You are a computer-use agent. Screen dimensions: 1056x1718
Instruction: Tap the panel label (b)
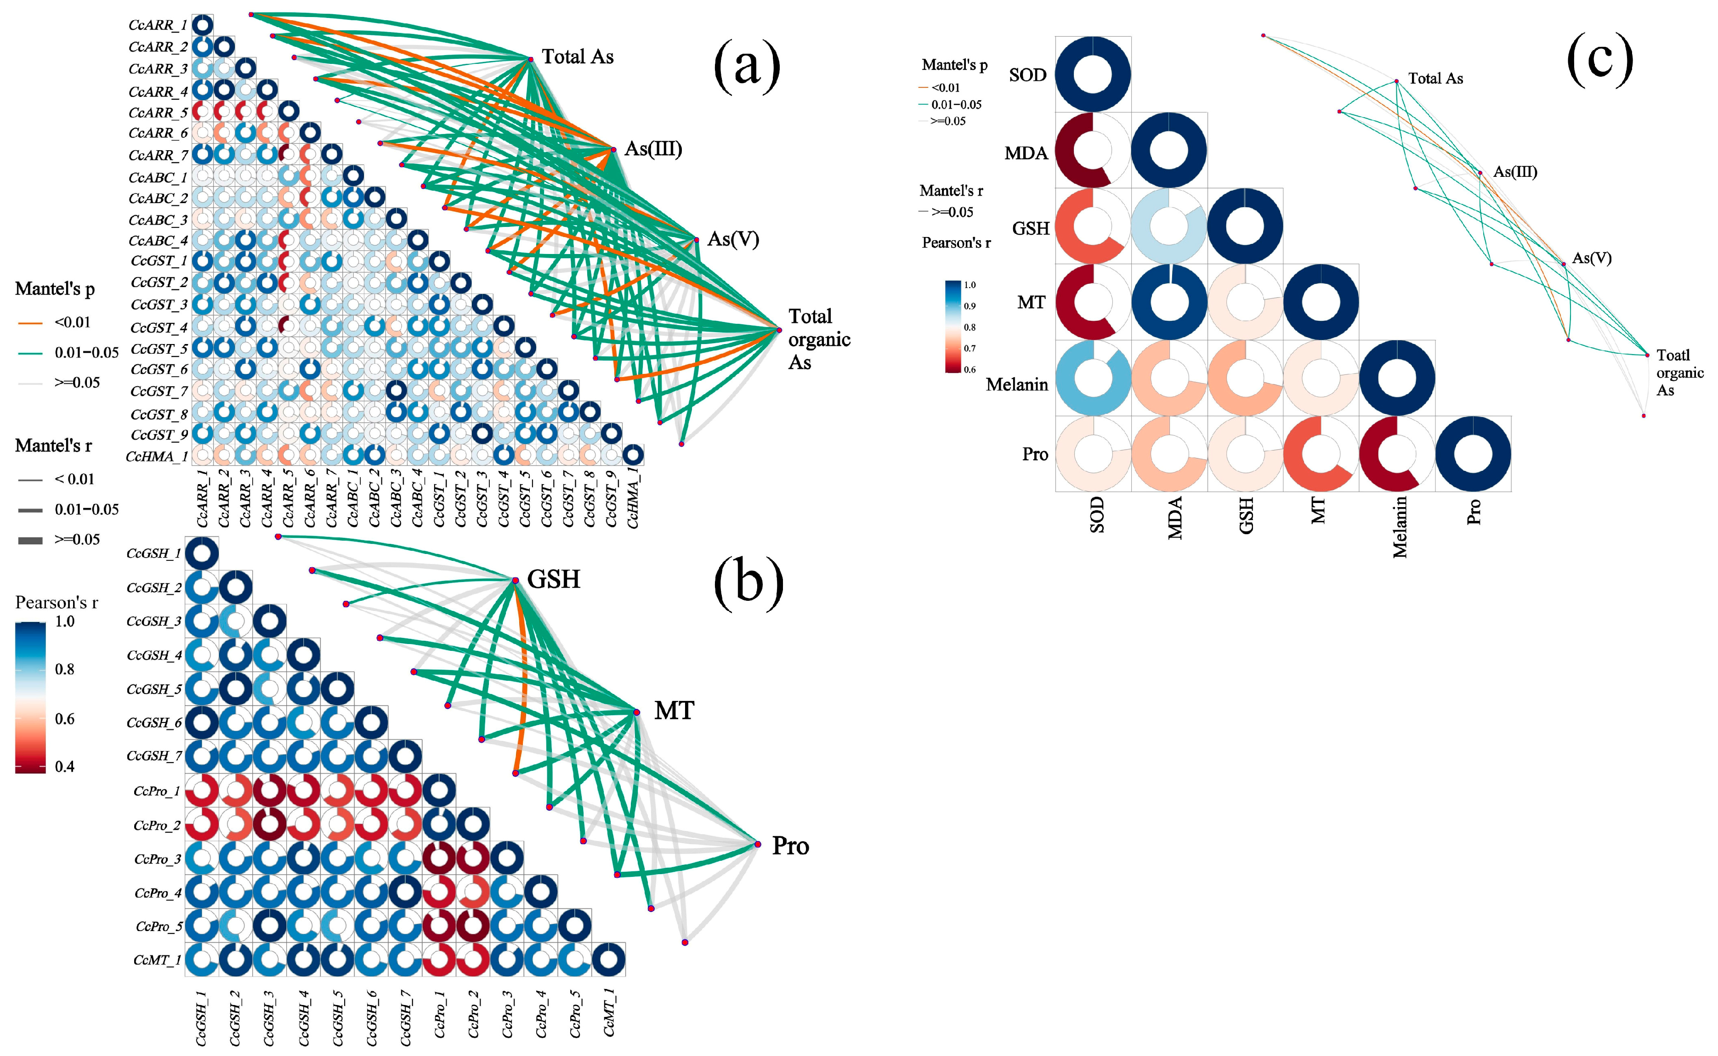pyautogui.click(x=748, y=582)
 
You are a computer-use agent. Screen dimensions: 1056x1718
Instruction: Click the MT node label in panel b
pyautogui.click(x=674, y=711)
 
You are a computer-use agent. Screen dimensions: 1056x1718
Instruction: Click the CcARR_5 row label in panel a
pyautogui.click(x=158, y=113)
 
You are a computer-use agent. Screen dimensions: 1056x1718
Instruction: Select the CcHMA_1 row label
pyautogui.click(x=157, y=456)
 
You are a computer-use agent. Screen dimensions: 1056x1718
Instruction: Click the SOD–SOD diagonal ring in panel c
pyautogui.click(x=1093, y=74)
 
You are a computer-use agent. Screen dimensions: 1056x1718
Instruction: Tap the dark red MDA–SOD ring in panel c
pyautogui.click(x=1093, y=150)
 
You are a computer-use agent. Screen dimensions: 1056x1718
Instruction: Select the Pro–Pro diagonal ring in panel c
pyautogui.click(x=1473, y=454)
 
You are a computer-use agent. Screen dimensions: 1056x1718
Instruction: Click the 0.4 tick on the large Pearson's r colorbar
pyautogui.click(x=64, y=766)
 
